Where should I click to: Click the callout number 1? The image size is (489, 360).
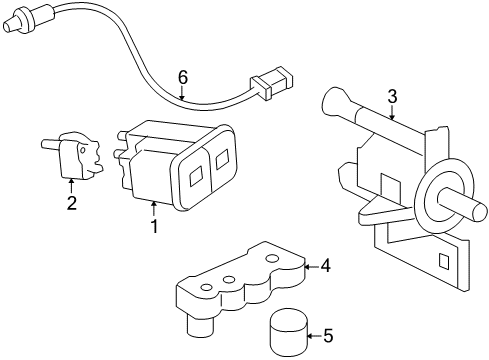[154, 226]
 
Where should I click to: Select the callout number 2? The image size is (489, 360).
[71, 204]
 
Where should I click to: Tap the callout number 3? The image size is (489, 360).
[393, 96]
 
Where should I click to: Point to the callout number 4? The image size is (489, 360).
[324, 266]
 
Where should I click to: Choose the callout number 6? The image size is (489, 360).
[182, 77]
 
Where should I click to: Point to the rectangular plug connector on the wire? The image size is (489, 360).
[270, 84]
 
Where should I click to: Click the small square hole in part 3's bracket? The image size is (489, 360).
[441, 261]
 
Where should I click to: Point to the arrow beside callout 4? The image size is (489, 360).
[309, 266]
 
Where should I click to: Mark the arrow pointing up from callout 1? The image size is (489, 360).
[153, 208]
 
